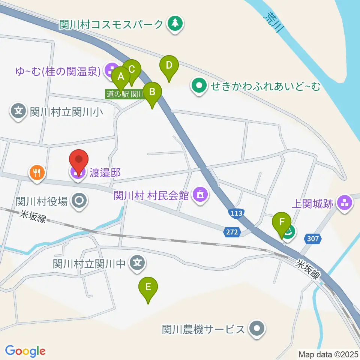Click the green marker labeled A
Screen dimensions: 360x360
pos(121,77)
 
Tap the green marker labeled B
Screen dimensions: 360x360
pos(152,92)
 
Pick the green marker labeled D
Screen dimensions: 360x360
pos(169,65)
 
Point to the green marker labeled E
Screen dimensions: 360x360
pos(148,287)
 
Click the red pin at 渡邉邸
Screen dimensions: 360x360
pos(79,161)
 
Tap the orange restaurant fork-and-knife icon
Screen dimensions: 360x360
pos(37,172)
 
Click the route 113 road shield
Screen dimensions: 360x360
pos(236,213)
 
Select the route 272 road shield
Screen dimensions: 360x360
pos(232,232)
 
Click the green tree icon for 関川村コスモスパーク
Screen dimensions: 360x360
pos(175,24)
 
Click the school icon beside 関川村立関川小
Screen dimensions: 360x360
pos(18,111)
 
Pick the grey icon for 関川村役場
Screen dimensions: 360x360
pos(79,201)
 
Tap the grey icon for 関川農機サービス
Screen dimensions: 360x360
pos(257,329)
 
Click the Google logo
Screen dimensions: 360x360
pos(25,351)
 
